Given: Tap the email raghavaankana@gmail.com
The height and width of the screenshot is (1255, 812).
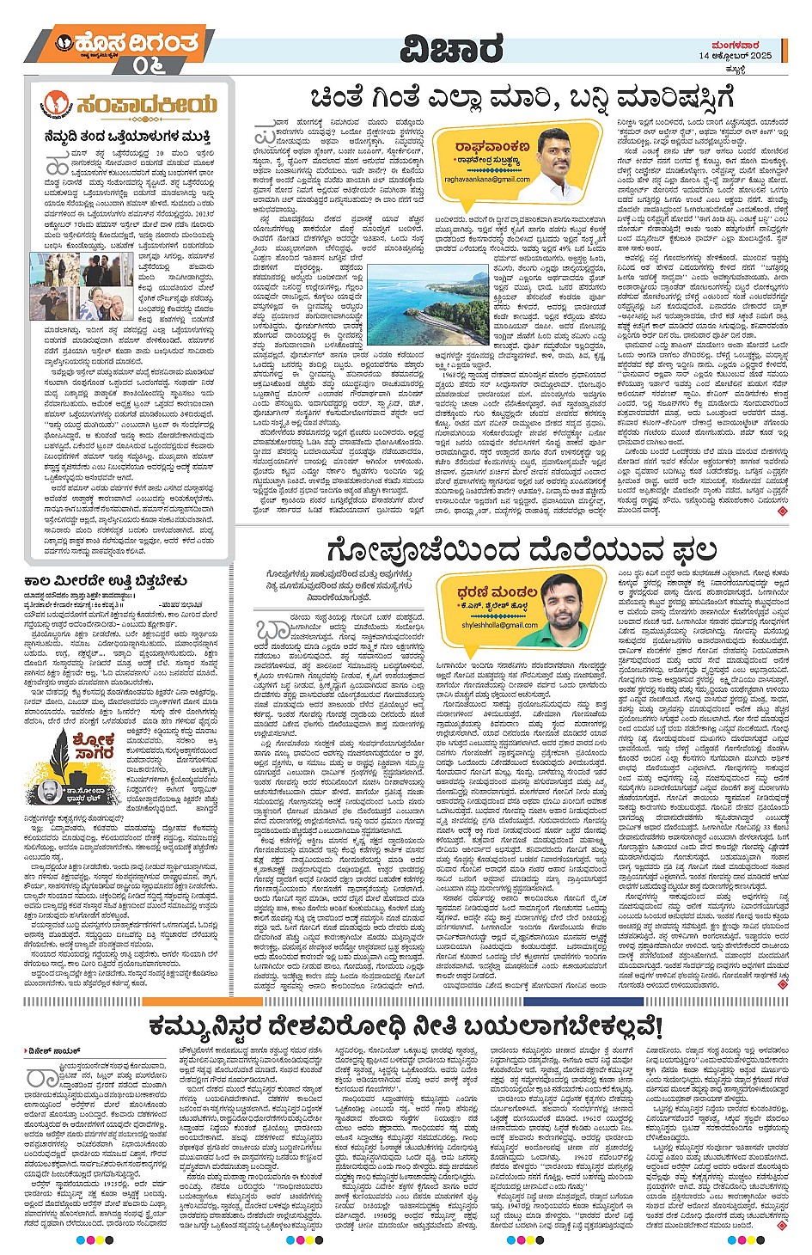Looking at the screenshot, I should coord(486,179).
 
